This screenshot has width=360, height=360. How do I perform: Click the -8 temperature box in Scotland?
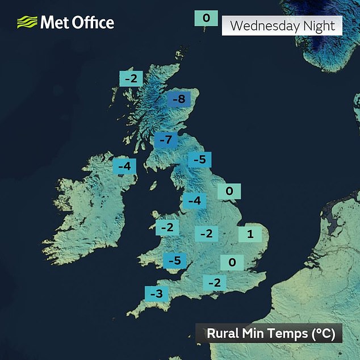click(178, 99)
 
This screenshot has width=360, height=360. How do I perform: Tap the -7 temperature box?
click(166, 140)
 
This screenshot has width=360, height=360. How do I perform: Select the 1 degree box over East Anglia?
click(250, 233)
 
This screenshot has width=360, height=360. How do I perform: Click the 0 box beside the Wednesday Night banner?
click(206, 18)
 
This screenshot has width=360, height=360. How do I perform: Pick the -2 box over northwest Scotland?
click(131, 78)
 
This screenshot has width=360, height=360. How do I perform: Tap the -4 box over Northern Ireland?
click(125, 166)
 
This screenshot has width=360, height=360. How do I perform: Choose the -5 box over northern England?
click(199, 160)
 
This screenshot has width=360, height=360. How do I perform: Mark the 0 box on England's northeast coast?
click(230, 191)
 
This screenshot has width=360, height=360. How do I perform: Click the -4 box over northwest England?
click(194, 200)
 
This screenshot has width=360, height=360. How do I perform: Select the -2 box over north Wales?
click(168, 228)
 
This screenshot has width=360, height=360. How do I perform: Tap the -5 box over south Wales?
click(175, 261)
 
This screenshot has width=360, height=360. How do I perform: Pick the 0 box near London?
click(232, 262)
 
